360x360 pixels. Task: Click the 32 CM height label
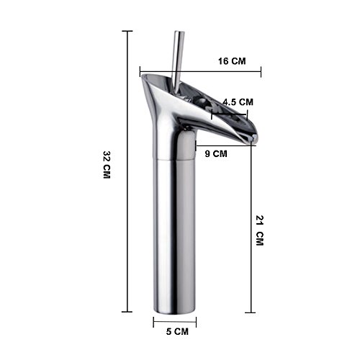[107, 165]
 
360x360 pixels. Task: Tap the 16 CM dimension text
[232, 61]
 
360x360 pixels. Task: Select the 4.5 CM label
[238, 102]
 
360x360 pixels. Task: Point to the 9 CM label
[216, 153]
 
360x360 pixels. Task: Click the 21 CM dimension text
[260, 230]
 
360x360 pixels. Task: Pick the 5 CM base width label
[177, 332]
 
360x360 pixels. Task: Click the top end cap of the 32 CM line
[127, 31]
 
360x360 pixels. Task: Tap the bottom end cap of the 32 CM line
[127, 312]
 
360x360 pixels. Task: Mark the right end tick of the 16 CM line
[261, 71]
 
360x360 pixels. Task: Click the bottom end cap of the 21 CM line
[251, 312]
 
